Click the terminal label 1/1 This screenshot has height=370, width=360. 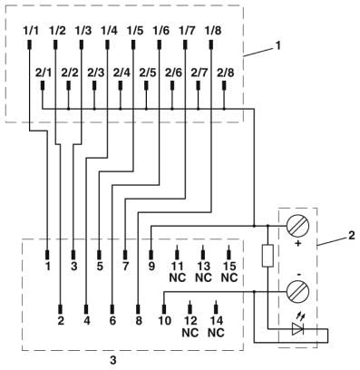[31, 31]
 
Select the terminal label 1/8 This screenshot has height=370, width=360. [213, 31]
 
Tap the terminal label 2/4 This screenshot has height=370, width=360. [122, 73]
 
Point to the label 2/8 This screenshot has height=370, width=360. [226, 73]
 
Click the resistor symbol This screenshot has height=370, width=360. [268, 256]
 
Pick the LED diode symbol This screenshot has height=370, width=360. [297, 329]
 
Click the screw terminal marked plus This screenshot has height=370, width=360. [297, 226]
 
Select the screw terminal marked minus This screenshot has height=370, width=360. [297, 291]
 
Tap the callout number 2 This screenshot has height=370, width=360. [351, 235]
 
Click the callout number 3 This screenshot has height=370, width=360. [112, 360]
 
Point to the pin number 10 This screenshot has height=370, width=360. [165, 320]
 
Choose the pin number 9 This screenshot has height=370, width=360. [151, 267]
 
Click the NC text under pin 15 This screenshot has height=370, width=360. [229, 277]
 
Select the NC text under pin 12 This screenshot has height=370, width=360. [190, 333]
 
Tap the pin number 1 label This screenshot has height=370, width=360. [48, 267]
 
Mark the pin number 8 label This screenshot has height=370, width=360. [139, 320]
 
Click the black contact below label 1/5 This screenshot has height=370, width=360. [133, 44]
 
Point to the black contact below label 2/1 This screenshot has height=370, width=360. [43, 85]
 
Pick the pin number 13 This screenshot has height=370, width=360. [203, 267]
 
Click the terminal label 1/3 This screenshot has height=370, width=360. [83, 31]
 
